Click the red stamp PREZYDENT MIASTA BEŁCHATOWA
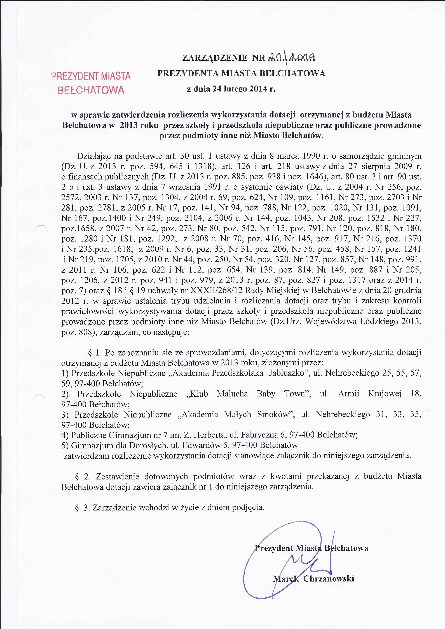tap(91, 83)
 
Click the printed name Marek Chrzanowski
tap(313, 579)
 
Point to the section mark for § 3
tap(77, 508)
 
